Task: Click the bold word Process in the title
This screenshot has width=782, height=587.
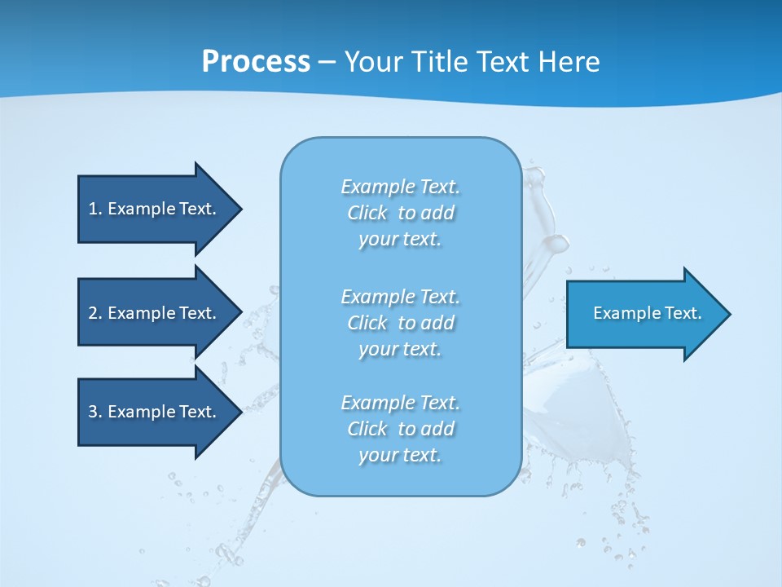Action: coord(256,62)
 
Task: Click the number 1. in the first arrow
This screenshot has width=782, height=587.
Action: coord(94,209)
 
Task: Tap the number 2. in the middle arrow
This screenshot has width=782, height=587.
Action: coord(94,313)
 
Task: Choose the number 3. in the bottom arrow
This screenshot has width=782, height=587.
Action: coord(94,412)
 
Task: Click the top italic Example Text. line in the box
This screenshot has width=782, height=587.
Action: coord(400,187)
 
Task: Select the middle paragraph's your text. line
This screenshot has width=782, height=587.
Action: coord(400,349)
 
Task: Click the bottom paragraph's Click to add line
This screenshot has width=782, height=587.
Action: coord(400,429)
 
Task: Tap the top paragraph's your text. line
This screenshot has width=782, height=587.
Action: coord(400,239)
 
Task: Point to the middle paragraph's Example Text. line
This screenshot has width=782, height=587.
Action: coord(400,296)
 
